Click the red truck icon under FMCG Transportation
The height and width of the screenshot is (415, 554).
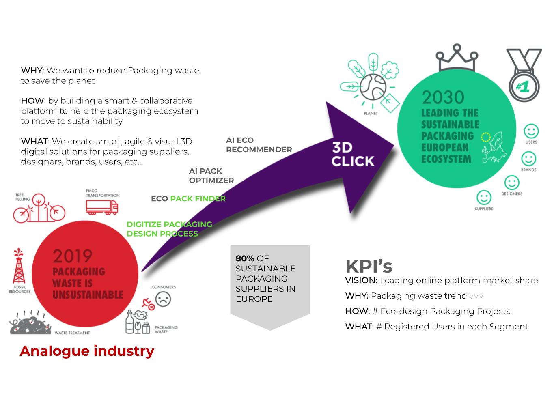102,207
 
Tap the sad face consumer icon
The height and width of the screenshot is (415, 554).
163,299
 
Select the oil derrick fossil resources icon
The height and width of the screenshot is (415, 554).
19,266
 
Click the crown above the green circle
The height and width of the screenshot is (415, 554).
457,58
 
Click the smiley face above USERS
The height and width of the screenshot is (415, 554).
531,131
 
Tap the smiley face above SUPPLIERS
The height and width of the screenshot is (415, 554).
484,198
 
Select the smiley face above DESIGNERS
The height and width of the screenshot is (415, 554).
512,183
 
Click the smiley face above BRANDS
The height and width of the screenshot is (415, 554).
528,159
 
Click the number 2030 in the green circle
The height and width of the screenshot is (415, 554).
443,97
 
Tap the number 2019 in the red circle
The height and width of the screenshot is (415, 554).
72,256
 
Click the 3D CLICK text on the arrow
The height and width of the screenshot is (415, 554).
353,155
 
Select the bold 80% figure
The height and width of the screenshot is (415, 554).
245,258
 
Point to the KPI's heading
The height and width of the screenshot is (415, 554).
369,266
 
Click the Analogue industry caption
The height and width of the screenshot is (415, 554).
87,351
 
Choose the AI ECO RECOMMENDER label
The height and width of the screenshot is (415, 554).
259,145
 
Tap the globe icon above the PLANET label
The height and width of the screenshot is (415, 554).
373,87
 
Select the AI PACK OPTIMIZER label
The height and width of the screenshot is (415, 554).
211,176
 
